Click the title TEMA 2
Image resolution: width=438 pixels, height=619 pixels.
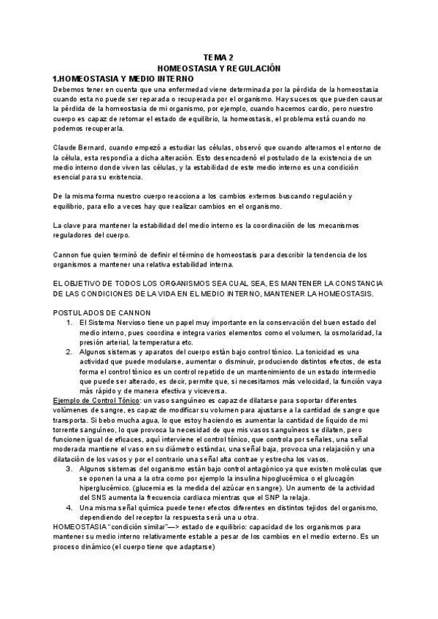click(219, 57)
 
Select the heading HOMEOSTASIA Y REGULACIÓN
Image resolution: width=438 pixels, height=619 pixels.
click(219, 67)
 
